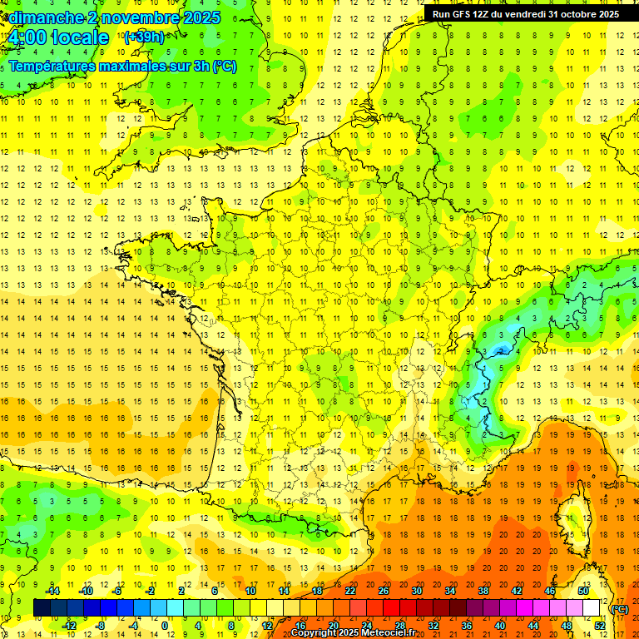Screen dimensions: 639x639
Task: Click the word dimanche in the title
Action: (x=47, y=17)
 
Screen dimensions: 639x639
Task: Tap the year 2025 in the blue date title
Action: (x=201, y=17)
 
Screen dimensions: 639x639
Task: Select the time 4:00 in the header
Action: (x=24, y=38)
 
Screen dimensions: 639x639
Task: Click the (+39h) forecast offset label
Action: (x=143, y=37)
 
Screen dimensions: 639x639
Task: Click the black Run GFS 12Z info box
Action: (x=525, y=14)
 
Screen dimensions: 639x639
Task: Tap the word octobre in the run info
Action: (x=581, y=14)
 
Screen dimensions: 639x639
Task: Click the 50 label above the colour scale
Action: (x=583, y=591)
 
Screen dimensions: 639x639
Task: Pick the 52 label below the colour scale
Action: (x=600, y=625)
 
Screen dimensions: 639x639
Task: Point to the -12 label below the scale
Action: (x=69, y=625)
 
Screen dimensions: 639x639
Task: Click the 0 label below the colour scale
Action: (x=165, y=625)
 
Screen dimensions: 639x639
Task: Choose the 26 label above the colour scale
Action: (x=384, y=591)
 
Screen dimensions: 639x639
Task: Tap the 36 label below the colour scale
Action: (x=467, y=625)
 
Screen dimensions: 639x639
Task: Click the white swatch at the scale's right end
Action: (x=592, y=607)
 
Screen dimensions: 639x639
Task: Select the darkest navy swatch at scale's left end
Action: (x=42, y=607)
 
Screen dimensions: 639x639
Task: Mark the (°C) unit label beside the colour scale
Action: (x=620, y=608)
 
